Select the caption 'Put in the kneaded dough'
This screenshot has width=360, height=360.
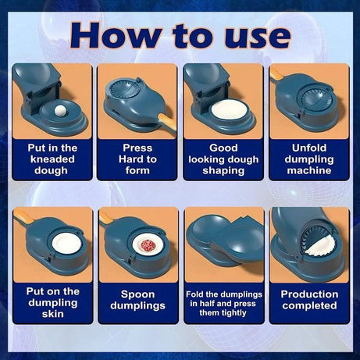tap(48, 159)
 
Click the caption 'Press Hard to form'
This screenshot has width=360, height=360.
tap(137, 159)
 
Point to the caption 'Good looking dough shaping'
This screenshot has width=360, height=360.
tap(223, 159)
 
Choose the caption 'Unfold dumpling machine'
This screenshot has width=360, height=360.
tap(311, 159)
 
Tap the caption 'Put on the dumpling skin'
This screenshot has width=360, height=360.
tap(48, 301)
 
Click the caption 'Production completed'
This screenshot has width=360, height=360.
tap(311, 301)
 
